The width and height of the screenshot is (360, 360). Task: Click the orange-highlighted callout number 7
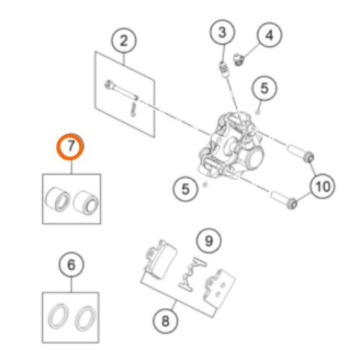(71, 147)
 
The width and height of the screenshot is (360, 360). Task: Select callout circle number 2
(124, 40)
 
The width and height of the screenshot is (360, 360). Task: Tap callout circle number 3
(222, 32)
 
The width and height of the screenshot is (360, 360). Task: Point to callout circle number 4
(269, 35)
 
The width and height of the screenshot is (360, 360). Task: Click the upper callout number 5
(264, 89)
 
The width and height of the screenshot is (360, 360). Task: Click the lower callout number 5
(186, 189)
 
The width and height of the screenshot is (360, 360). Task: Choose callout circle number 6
(71, 265)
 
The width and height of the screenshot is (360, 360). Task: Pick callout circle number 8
(166, 321)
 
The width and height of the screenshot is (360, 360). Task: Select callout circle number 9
(209, 240)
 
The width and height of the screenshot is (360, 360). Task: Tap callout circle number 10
(323, 186)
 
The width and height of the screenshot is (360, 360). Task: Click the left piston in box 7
(58, 199)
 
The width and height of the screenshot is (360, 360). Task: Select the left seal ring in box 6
(58, 317)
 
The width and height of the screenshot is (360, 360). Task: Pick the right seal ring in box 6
(86, 318)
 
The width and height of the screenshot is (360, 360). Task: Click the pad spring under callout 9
(192, 274)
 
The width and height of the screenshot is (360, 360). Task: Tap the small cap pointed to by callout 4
(239, 60)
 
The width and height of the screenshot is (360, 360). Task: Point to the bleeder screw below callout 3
(224, 69)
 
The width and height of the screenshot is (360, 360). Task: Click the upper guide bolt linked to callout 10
(301, 153)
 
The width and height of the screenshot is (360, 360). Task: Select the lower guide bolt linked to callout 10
(284, 199)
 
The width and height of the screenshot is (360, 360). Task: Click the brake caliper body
(231, 146)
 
